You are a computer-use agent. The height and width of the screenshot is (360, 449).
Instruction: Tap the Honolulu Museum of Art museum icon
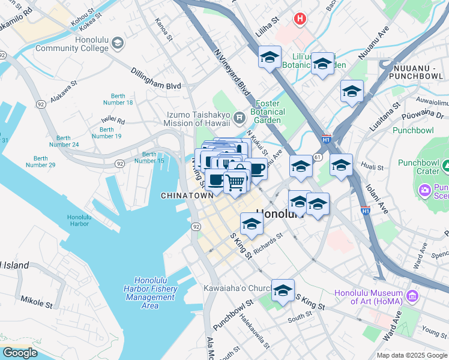(x=412, y=296)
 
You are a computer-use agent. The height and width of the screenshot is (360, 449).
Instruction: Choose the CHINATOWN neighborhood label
(x=187, y=196)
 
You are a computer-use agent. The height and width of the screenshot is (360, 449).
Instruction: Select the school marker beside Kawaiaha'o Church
(x=283, y=290)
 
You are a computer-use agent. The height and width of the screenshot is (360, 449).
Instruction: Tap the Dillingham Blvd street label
(x=156, y=78)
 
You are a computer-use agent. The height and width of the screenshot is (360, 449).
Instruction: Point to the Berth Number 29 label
(x=40, y=161)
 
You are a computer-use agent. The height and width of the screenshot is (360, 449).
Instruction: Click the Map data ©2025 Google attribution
(x=411, y=355)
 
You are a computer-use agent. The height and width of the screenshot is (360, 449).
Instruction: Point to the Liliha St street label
(x=268, y=28)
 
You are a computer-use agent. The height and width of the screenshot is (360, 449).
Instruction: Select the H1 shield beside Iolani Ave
(x=365, y=211)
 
